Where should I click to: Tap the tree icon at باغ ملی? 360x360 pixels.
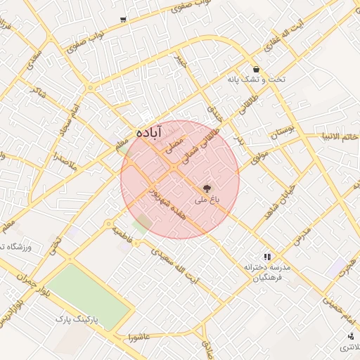(x=207, y=188)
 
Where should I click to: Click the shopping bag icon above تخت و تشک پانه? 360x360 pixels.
(x=256, y=70)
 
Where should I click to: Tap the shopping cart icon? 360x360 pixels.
(x=124, y=20)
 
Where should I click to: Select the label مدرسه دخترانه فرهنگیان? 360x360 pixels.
(x=266, y=274)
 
